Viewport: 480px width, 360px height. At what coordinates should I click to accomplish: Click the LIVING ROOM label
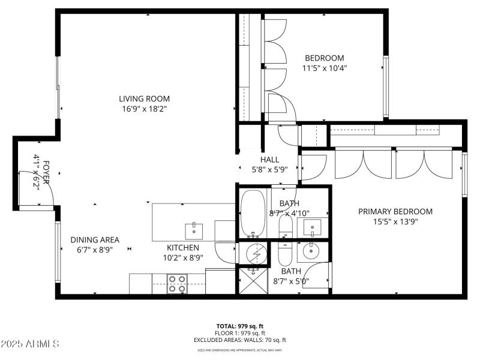pyautogui.click(x=144, y=99)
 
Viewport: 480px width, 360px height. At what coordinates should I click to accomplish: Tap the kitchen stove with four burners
pyautogui.click(x=177, y=283)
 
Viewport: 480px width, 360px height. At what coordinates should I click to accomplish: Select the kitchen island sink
pyautogui.click(x=194, y=229)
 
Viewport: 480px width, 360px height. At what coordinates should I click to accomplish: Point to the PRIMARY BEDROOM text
pyautogui.click(x=395, y=211)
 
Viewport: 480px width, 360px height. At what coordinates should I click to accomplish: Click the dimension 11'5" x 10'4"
pyautogui.click(x=325, y=68)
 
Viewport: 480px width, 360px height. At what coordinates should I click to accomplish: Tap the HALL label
pyautogui.click(x=269, y=159)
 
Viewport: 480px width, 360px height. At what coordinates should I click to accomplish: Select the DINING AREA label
pyautogui.click(x=94, y=239)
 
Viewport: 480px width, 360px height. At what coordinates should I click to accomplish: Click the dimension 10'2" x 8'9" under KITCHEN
pyautogui.click(x=182, y=257)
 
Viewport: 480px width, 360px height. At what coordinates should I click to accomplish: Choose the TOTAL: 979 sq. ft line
pyautogui.click(x=240, y=326)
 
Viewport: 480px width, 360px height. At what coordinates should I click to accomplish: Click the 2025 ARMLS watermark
pyautogui.click(x=30, y=344)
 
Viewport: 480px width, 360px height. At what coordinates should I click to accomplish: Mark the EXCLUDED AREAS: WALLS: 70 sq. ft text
pyautogui.click(x=240, y=340)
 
